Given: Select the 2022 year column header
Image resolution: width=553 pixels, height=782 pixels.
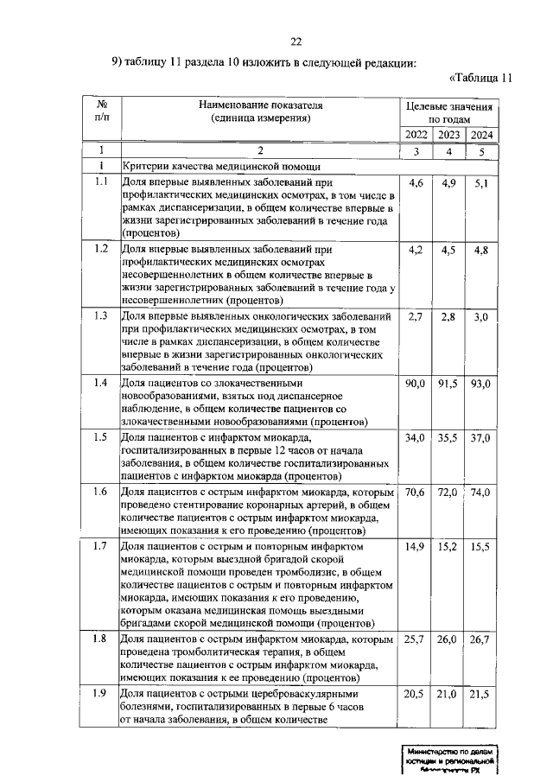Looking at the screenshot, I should [416, 135].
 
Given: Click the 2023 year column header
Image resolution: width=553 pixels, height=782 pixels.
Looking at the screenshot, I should [448, 135].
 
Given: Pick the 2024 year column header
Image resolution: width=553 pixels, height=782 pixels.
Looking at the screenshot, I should [480, 135].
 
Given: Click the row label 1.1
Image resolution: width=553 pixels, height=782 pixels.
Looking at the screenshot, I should [101, 182].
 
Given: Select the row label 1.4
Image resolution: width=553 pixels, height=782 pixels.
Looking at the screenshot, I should [101, 382].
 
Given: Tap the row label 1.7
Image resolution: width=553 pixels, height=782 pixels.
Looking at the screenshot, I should [101, 546].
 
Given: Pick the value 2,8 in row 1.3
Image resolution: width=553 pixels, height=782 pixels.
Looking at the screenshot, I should [448, 317].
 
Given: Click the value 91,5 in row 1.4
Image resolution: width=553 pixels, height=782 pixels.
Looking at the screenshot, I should [448, 383].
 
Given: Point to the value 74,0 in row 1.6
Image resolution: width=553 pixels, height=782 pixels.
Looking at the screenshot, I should [480, 492].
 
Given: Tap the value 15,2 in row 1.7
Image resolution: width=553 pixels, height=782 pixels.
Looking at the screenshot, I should [448, 547].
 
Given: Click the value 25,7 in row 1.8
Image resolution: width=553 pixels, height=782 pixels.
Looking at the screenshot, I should [416, 639].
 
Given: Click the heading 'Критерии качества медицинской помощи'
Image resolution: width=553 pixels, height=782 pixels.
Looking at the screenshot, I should [222, 166].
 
